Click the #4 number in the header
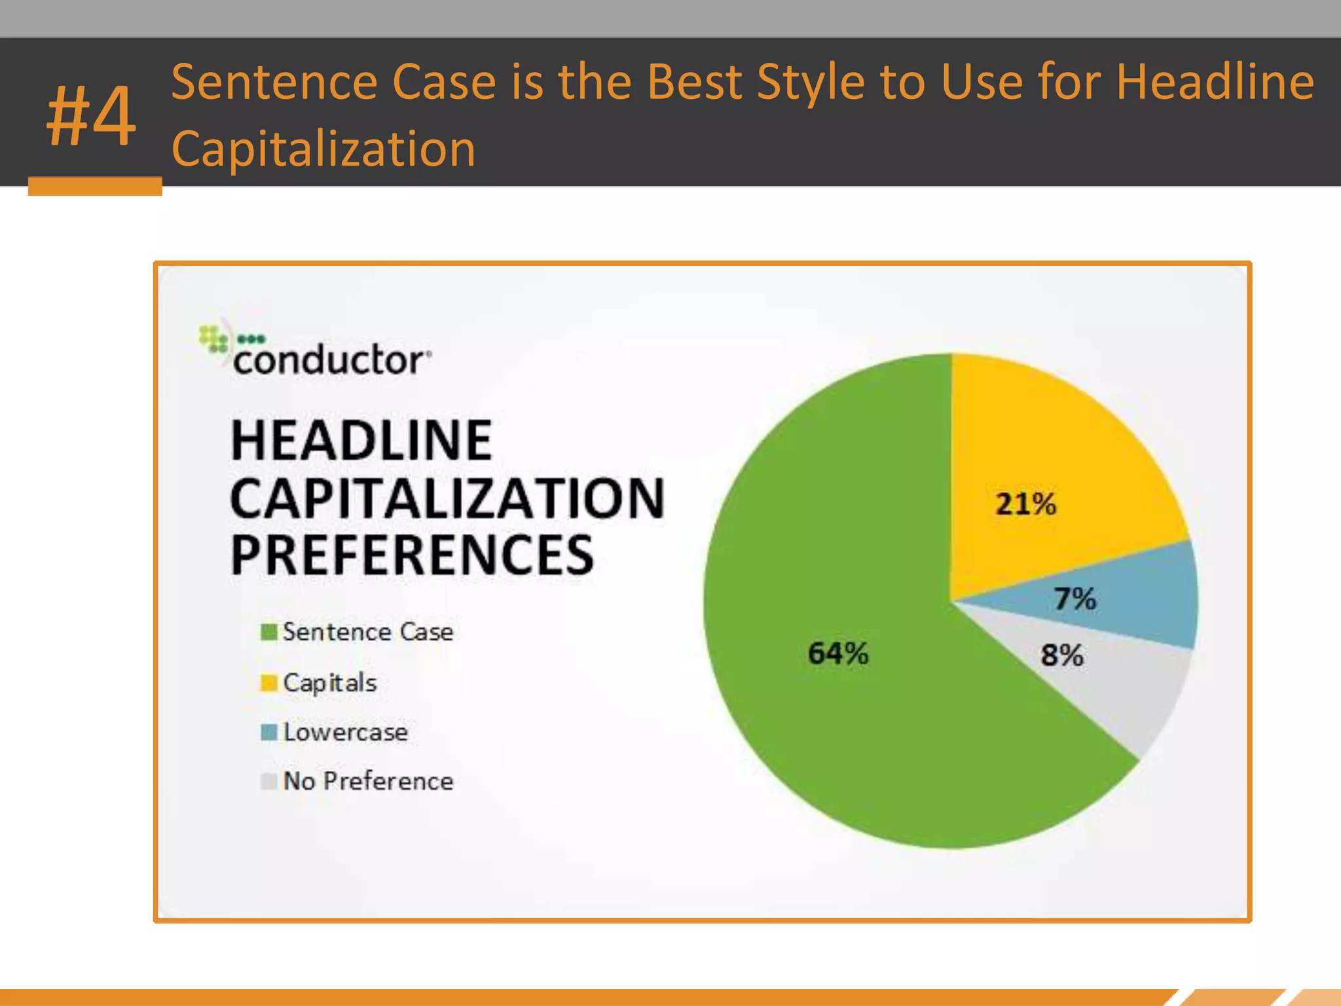(92, 117)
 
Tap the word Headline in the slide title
(1215, 82)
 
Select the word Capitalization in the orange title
(323, 149)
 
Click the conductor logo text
(329, 360)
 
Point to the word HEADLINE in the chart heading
(361, 441)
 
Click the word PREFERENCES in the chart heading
(412, 555)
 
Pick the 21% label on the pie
(1025, 504)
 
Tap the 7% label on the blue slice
(1075, 599)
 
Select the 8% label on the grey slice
(1062, 655)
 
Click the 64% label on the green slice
(838, 653)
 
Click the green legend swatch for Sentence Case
(268, 632)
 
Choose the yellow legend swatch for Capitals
(268, 682)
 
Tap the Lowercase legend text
(346, 732)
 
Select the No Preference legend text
(368, 781)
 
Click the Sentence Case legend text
(368, 632)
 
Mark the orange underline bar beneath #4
(95, 186)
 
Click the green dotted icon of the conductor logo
(214, 340)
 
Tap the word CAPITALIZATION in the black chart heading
(447, 498)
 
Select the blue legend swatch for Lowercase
(268, 732)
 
